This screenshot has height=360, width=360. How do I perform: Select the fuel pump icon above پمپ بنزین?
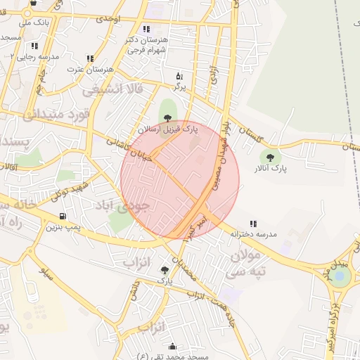pyautogui.click(x=63, y=217)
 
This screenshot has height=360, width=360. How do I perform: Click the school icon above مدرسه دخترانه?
pyautogui.click(x=252, y=224)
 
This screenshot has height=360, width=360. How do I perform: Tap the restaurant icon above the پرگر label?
pyautogui.click(x=179, y=76)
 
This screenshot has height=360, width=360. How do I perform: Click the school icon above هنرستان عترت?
pyautogui.click(x=90, y=59)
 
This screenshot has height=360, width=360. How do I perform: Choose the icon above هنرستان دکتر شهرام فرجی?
pyautogui.click(x=146, y=29)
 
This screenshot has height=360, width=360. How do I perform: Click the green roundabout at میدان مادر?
pyautogui.click(x=342, y=276)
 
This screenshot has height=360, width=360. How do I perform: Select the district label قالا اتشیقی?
pyautogui.click(x=112, y=89)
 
